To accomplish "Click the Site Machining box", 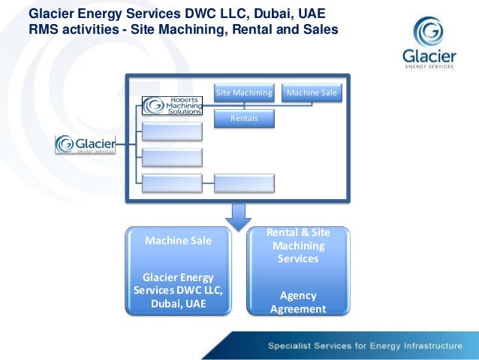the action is click(244, 93).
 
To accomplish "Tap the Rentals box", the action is click(244, 118).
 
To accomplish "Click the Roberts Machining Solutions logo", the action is click(173, 106).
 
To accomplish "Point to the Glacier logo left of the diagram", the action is click(86, 144).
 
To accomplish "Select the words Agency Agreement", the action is click(298, 302).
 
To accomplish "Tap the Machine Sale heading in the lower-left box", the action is click(178, 241).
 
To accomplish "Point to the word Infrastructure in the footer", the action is click(431, 346).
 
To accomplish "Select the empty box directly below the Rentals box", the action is click(244, 182).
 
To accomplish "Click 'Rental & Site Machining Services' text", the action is click(298, 246).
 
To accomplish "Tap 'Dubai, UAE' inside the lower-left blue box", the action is click(178, 304).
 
